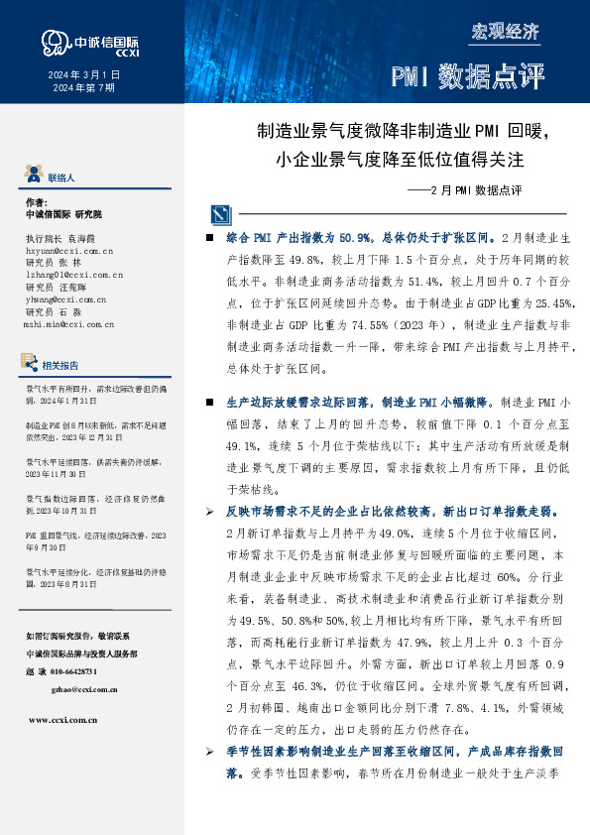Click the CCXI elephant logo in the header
point(55,42)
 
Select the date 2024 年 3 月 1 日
point(84,75)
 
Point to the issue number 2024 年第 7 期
point(83,88)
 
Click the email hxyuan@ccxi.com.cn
point(66,253)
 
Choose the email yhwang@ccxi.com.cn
point(65,298)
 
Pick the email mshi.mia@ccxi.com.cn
point(69,323)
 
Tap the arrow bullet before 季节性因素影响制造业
point(208,754)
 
